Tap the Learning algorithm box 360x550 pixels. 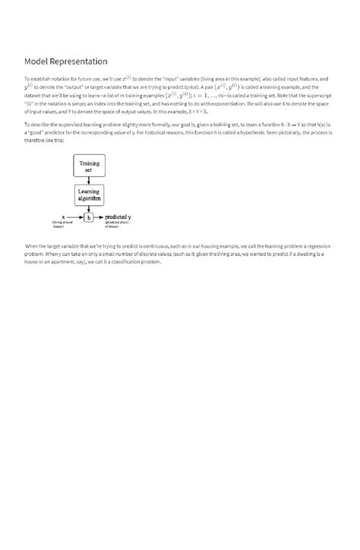click(x=89, y=195)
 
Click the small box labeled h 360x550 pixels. click(x=89, y=217)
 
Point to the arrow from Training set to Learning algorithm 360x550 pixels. click(x=89, y=181)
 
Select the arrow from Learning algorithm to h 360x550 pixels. click(x=89, y=208)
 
